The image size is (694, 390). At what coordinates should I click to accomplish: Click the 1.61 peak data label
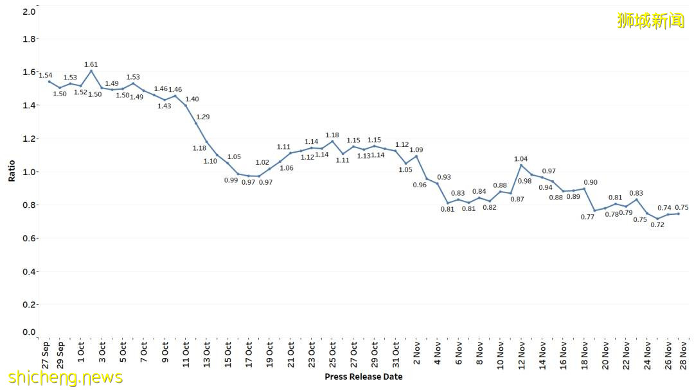tap(91, 65)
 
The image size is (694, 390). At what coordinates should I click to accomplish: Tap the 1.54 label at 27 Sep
tap(46, 76)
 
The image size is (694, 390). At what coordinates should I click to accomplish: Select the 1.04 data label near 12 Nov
tap(521, 158)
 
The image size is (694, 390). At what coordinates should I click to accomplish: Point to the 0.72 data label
tap(657, 225)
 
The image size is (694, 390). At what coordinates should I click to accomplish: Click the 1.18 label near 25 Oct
tap(332, 135)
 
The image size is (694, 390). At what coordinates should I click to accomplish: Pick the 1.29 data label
tap(203, 117)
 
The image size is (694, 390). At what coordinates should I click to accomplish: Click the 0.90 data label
tap(591, 183)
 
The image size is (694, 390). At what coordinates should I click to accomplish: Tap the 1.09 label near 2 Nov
tap(416, 150)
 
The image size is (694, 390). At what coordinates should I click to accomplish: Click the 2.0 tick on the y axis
tap(29, 12)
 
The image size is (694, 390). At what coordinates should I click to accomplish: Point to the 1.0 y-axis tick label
tap(29, 172)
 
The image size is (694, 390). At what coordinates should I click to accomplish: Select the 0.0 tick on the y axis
tap(29, 332)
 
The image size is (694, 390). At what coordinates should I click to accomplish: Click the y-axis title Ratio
tap(12, 171)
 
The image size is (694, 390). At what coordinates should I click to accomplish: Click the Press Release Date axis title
tap(364, 377)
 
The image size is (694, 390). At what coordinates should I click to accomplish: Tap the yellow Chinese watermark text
tap(650, 21)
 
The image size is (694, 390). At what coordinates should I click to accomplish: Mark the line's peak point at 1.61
tap(91, 71)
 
